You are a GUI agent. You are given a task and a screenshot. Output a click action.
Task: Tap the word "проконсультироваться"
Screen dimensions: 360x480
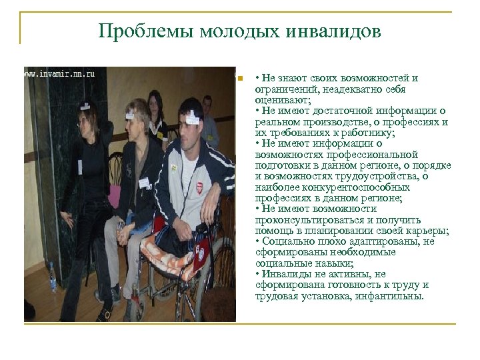click(305, 220)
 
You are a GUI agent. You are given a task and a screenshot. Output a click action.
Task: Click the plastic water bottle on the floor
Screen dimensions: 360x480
click(51, 280)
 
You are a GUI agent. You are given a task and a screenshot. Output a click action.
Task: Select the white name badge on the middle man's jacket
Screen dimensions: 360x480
click(143, 182)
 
